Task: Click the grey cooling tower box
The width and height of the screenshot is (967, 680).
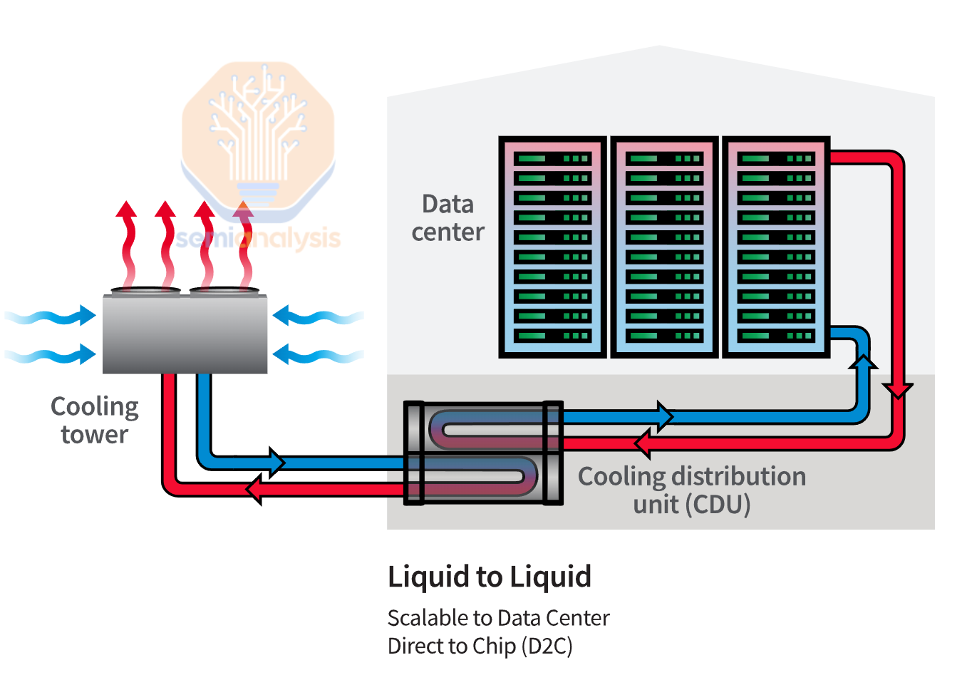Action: (185, 334)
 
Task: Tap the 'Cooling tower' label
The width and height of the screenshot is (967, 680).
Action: (94, 420)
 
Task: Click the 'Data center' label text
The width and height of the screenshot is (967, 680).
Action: (448, 217)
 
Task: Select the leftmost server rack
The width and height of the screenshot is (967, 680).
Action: (552, 247)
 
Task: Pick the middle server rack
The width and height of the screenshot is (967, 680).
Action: (664, 247)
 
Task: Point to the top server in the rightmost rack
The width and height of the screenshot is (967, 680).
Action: (775, 158)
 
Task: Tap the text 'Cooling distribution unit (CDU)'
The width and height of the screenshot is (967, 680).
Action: (691, 490)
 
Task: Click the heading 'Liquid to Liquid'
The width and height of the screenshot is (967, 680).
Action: (489, 577)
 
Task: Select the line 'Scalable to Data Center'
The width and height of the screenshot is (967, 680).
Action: (498, 617)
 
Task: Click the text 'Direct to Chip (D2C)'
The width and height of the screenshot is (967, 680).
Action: (480, 646)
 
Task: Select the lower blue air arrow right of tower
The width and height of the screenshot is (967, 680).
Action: (317, 354)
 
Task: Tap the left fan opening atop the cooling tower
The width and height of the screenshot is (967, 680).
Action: (145, 291)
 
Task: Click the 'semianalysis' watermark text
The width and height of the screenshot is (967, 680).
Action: (258, 238)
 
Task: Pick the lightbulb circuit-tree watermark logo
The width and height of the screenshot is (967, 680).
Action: (258, 135)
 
